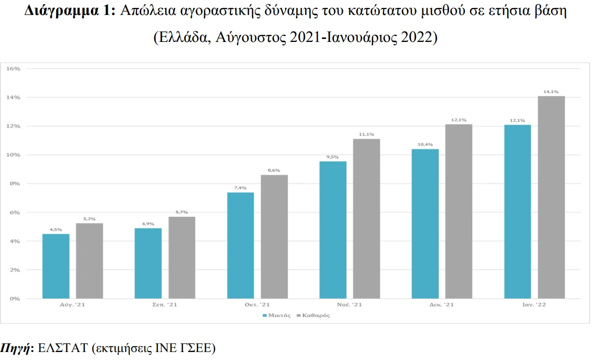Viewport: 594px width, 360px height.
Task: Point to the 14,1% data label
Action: pyautogui.click(x=551, y=91)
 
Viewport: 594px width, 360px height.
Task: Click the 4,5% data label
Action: pyautogui.click(x=56, y=230)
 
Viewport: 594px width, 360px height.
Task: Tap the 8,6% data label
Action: pyautogui.click(x=274, y=170)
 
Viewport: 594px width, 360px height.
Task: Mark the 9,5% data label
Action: pyautogui.click(x=333, y=157)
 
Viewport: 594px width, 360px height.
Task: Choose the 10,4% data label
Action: pyautogui.click(x=425, y=144)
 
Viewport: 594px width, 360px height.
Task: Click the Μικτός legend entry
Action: pyautogui.click(x=277, y=316)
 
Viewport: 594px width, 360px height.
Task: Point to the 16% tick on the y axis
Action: pyautogui.click(x=13, y=68)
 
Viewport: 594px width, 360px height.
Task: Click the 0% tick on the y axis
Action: pyautogui.click(x=15, y=299)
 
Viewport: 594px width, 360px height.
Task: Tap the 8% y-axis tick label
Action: pyautogui.click(x=15, y=184)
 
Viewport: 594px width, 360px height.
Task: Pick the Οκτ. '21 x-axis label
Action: pyautogui.click(x=257, y=305)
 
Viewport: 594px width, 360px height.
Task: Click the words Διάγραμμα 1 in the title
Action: pyautogui.click(x=70, y=12)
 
